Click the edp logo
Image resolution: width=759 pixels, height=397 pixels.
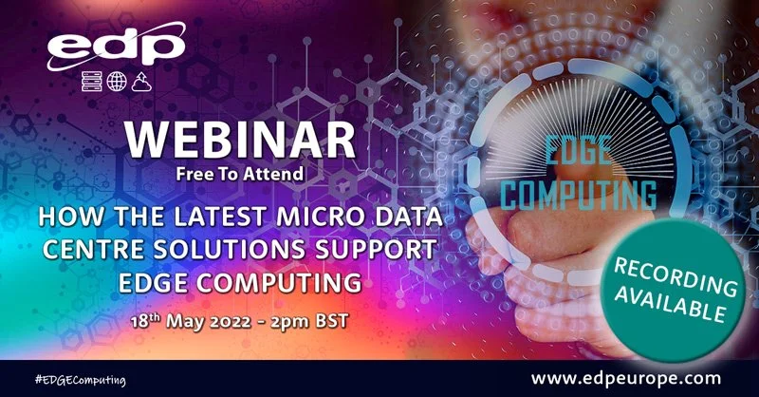click(x=116, y=46)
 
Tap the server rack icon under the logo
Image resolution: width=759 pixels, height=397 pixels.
click(x=92, y=82)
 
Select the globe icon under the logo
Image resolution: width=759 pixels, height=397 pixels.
click(x=117, y=82)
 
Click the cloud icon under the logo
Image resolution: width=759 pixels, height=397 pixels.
click(x=141, y=82)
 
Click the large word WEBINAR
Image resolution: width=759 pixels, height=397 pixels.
click(x=240, y=141)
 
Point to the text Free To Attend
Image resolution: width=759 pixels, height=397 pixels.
click(x=240, y=174)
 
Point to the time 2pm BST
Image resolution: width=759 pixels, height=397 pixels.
click(x=309, y=321)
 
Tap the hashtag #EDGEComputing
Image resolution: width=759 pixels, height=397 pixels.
click(x=80, y=380)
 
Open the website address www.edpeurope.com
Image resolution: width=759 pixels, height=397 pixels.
click(x=626, y=378)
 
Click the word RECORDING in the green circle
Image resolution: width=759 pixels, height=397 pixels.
click(x=676, y=275)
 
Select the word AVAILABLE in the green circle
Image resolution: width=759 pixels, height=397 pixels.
click(x=670, y=302)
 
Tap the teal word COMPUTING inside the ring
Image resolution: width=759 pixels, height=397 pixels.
click(x=579, y=196)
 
